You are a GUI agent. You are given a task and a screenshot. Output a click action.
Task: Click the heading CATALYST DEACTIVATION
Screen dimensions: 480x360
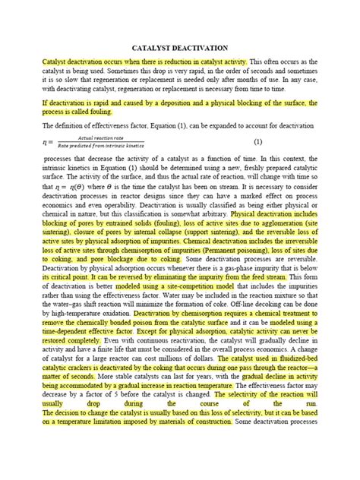180,48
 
